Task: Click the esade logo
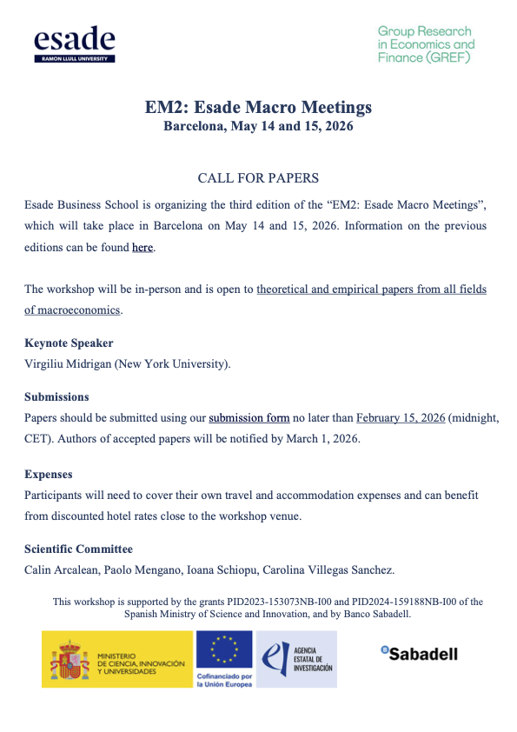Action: point(75,43)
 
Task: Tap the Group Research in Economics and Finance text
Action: point(426,44)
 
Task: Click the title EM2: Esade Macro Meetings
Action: point(258,108)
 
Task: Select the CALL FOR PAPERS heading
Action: point(258,178)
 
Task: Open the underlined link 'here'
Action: point(143,248)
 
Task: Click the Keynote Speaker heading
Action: point(69,343)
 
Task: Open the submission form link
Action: point(249,418)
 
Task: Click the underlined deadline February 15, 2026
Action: point(401,418)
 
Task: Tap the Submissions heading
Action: point(56,397)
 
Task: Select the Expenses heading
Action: point(49,475)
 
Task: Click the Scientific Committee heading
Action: point(79,549)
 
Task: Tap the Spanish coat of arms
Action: point(69,660)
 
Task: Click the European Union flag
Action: point(224,649)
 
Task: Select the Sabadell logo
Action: point(419,654)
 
